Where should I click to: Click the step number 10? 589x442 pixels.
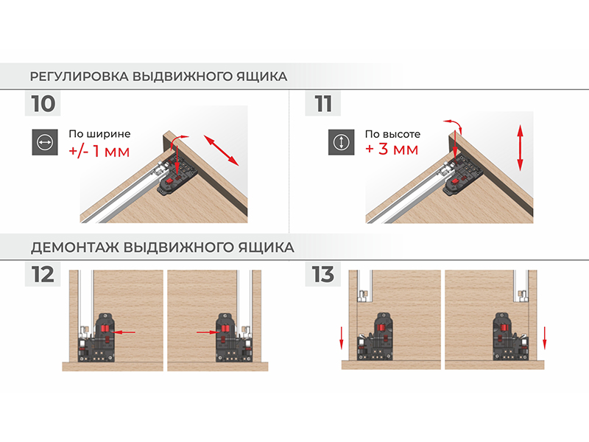43,104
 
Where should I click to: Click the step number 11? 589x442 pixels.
323,104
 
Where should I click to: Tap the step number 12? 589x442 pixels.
43,275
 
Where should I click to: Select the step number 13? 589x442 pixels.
322,275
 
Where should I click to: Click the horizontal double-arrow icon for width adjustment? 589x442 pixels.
45,142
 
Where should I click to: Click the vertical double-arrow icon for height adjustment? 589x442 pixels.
341,142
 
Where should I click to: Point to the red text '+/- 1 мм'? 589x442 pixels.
99,151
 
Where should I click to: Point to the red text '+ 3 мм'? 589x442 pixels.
392,150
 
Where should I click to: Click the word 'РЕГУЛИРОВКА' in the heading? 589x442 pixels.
80,77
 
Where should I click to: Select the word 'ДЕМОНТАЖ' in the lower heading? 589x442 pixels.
75,248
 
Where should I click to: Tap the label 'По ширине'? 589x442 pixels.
99,134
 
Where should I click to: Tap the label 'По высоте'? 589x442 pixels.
392,134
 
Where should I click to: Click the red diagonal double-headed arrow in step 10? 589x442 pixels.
222,150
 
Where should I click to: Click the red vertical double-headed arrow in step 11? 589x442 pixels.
521,148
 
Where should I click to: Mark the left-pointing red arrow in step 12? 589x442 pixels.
124,332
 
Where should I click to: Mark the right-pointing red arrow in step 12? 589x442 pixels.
208,332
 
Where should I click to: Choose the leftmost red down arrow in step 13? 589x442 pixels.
342,338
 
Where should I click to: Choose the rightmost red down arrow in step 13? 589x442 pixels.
545,338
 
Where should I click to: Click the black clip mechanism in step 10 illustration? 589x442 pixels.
177,177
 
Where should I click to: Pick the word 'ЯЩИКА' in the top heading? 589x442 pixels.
262,77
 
